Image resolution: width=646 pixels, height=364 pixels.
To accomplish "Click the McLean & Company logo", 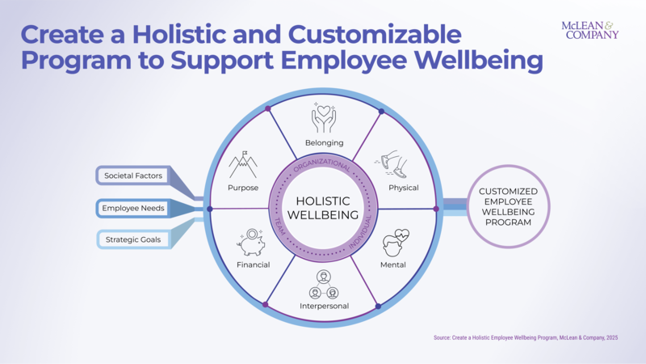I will click(589, 30).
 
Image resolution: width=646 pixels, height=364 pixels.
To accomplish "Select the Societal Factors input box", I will click(133, 175).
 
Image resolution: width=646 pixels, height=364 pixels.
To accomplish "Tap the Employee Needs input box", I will click(133, 208).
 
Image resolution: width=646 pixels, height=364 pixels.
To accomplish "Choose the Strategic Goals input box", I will click(133, 239).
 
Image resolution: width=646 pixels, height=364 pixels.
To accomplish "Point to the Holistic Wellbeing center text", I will click(323, 208).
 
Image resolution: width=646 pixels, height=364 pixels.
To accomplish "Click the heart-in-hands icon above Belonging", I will click(324, 118).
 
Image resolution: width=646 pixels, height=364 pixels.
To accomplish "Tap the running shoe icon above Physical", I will click(393, 166).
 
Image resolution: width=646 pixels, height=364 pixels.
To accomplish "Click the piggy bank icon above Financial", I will click(252, 243).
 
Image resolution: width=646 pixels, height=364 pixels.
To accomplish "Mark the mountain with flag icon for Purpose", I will click(243, 164).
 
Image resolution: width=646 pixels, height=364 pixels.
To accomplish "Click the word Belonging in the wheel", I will click(324, 143).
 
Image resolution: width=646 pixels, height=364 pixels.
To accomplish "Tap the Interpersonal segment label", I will click(324, 306).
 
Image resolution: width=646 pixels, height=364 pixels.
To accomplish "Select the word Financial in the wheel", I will click(253, 265).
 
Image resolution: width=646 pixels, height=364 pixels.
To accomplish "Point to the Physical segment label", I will click(403, 188).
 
